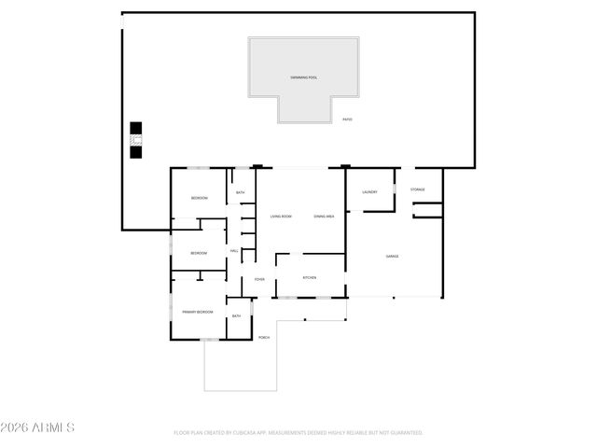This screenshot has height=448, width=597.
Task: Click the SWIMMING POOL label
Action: pos(303,77)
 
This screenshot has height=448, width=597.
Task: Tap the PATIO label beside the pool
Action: pos(347,119)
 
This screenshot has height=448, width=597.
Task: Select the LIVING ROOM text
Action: pos(281,217)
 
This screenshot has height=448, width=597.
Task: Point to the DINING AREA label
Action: pos(324,217)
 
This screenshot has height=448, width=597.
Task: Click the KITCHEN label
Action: pos(309,278)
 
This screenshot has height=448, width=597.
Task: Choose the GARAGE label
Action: pos(393,256)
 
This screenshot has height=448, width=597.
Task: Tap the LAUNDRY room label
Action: pos(368,192)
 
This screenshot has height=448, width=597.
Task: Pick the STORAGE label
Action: pos(418,189)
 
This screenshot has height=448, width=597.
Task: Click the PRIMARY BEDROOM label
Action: pos(198,311)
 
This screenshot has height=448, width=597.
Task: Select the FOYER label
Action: pos(259,279)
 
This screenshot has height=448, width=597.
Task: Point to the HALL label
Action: pos(234,250)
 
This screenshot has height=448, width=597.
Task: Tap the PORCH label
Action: pos(264,337)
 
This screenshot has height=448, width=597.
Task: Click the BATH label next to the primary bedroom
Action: pos(236,316)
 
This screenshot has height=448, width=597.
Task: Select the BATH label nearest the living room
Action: pos(240,193)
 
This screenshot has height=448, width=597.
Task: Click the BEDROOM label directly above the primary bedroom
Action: pos(199,253)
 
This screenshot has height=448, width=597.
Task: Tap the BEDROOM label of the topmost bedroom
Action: pos(199,198)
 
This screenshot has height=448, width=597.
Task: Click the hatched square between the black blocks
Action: pos(136,140)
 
